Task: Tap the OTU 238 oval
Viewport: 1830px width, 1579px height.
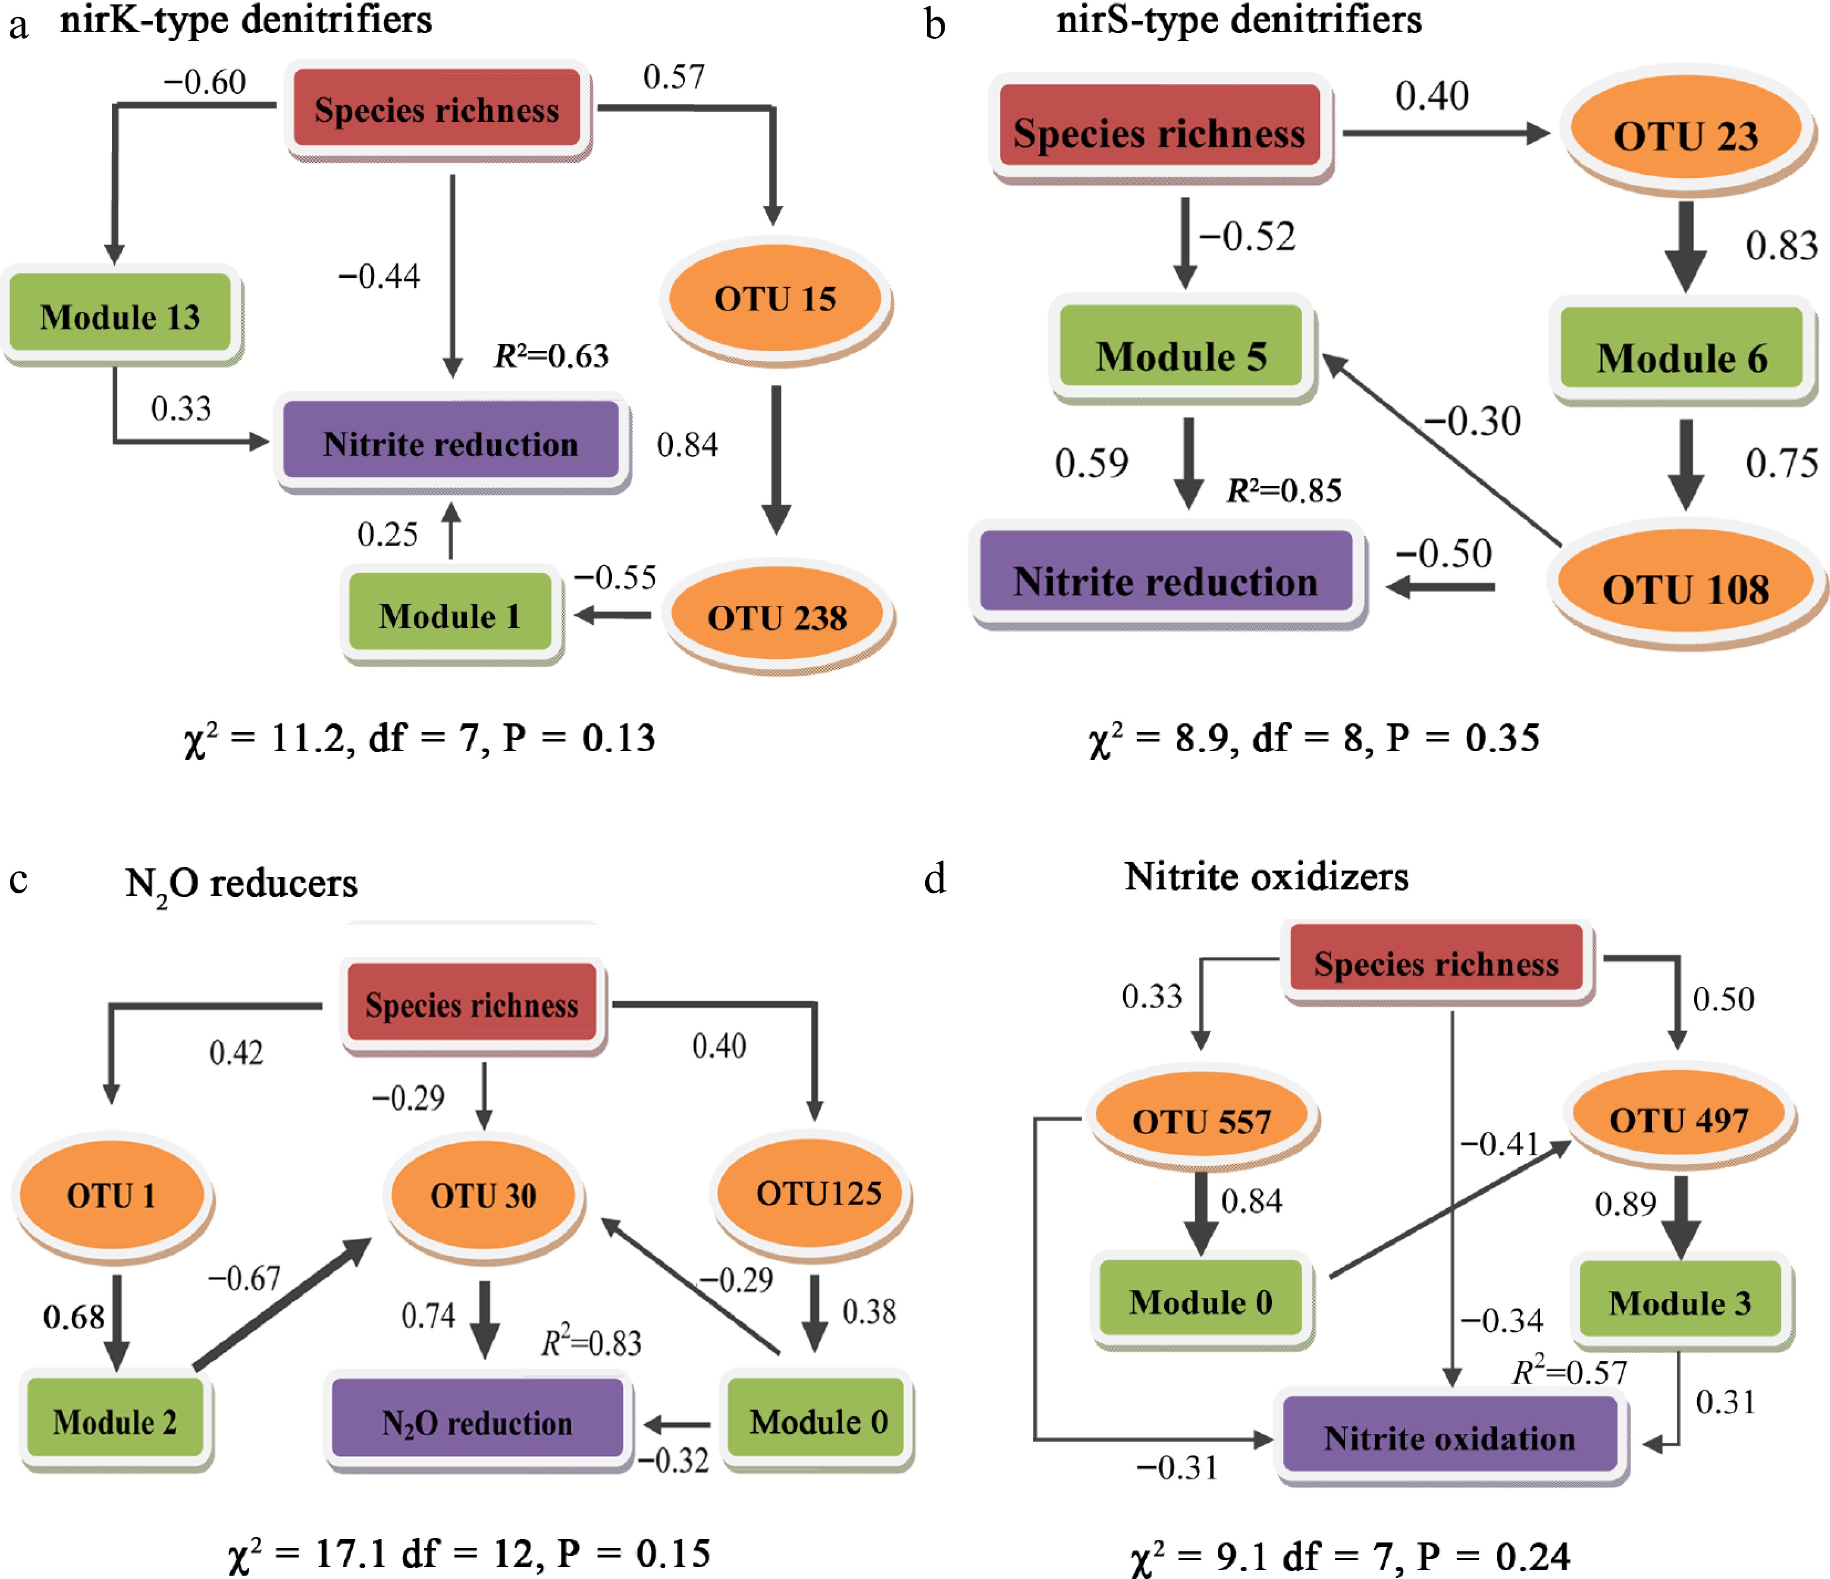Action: coord(777,617)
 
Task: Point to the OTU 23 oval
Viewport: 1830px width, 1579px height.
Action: coord(1685,135)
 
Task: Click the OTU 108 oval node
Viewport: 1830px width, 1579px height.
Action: coord(1685,588)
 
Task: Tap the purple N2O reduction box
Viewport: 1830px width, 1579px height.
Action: coord(477,1422)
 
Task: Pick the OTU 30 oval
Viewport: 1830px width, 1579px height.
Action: coord(483,1195)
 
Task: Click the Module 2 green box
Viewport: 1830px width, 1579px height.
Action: coord(115,1421)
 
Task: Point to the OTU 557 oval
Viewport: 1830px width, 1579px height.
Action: coord(1201,1121)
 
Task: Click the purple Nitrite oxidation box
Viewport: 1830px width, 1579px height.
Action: coord(1449,1438)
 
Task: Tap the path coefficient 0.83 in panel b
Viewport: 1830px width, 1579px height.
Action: coord(1781,246)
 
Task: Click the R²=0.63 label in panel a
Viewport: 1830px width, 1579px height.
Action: coord(551,356)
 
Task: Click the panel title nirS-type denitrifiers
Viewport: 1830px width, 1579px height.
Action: coord(1238,19)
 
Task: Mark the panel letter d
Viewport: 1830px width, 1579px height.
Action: coord(935,879)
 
